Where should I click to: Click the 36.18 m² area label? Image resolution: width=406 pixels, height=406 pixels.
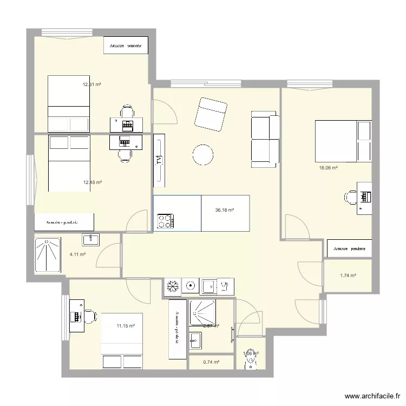click(224, 211)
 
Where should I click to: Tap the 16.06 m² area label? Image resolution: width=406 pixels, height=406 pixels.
click(328, 168)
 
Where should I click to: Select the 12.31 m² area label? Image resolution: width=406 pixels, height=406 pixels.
click(92, 84)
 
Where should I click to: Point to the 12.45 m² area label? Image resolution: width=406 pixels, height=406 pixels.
click(92, 182)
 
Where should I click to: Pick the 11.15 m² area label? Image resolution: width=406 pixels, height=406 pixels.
click(126, 326)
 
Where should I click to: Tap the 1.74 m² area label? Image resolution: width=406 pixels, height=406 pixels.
click(348, 276)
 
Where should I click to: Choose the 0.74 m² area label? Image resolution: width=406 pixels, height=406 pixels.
click(211, 362)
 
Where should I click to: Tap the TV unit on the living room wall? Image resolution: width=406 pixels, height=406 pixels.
click(159, 159)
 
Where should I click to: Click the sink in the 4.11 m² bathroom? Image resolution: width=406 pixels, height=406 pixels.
click(90, 239)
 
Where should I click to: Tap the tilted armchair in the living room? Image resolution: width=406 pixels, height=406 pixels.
click(211, 114)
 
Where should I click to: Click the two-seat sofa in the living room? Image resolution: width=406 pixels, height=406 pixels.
click(264, 139)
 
